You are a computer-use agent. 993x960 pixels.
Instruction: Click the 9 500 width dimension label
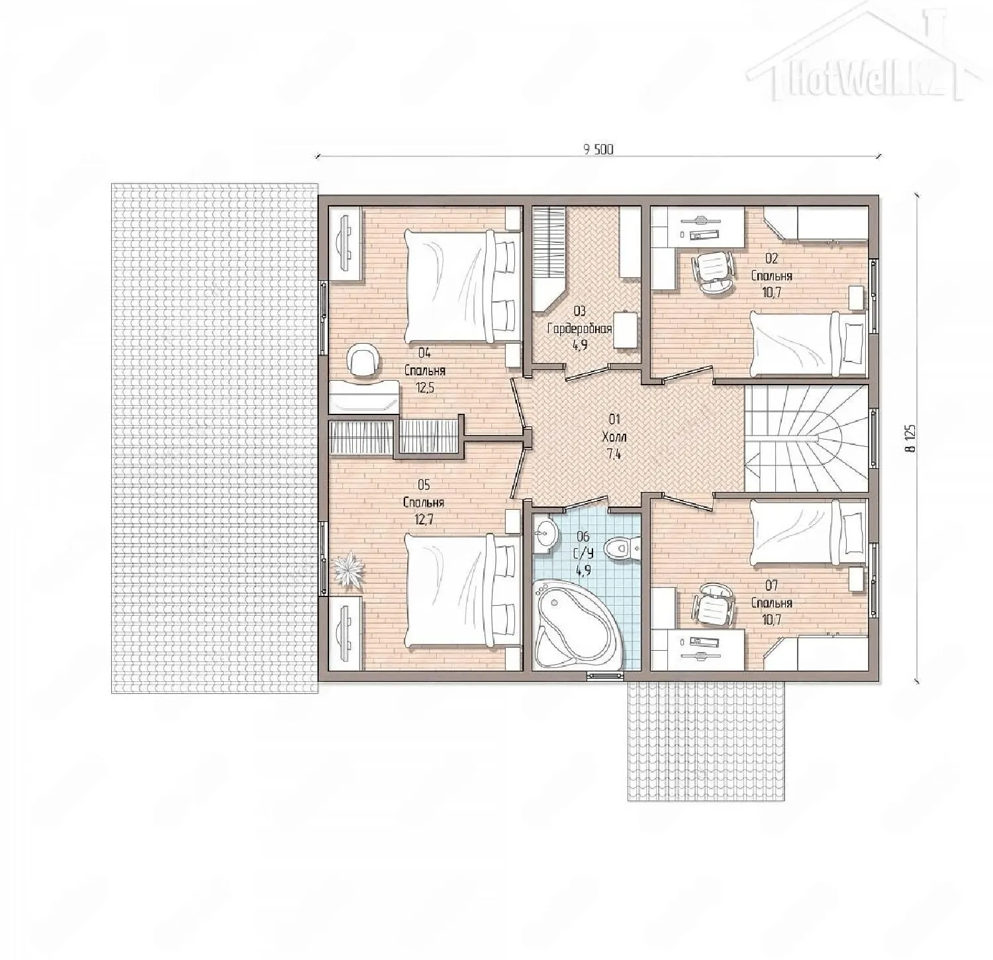(598, 150)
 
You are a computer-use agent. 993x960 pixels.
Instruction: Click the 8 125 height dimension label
(912, 438)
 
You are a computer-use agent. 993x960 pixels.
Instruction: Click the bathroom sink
(545, 533)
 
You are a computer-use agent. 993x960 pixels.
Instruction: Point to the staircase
(806, 438)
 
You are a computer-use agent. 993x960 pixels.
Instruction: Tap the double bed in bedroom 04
(461, 286)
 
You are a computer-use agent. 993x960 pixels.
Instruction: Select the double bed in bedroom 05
(461, 591)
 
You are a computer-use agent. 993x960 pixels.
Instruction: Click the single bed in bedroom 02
(808, 343)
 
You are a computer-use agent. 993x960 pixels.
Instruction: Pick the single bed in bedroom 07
(808, 533)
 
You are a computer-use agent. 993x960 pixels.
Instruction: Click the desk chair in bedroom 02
(713, 270)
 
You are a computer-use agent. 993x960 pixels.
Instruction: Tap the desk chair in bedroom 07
(713, 605)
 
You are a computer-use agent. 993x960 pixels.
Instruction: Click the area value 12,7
(424, 520)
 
